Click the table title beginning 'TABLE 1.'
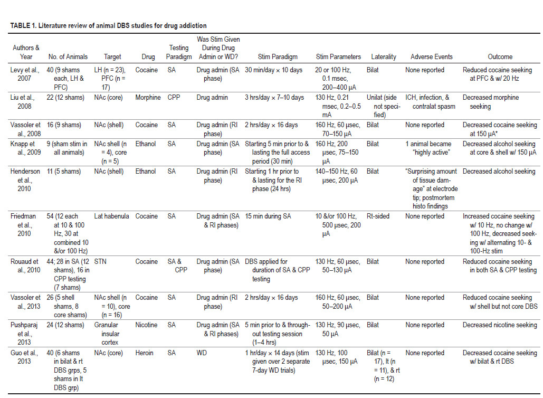tap(108, 25)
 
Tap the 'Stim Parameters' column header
tap(338, 56)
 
